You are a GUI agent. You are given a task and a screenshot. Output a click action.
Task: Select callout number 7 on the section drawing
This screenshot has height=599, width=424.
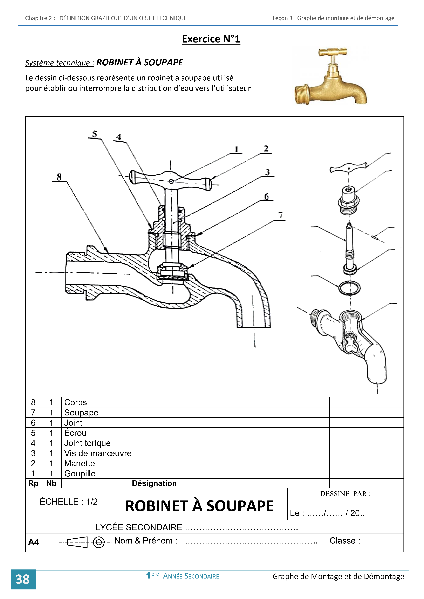(280, 215)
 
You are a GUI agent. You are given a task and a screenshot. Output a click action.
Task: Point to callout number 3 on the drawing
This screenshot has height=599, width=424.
(267, 172)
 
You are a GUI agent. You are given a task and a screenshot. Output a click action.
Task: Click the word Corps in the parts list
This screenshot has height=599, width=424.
(76, 402)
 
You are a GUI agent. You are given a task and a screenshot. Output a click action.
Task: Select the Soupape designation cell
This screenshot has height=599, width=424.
(81, 413)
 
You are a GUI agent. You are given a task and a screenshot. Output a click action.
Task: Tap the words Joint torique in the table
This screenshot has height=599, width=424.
(88, 443)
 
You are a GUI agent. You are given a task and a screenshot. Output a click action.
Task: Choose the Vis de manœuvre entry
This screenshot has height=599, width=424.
(98, 453)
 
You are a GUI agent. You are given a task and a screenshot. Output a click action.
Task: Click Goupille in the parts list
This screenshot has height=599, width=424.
(80, 473)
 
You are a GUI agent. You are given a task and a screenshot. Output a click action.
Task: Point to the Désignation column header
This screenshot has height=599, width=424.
(154, 483)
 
